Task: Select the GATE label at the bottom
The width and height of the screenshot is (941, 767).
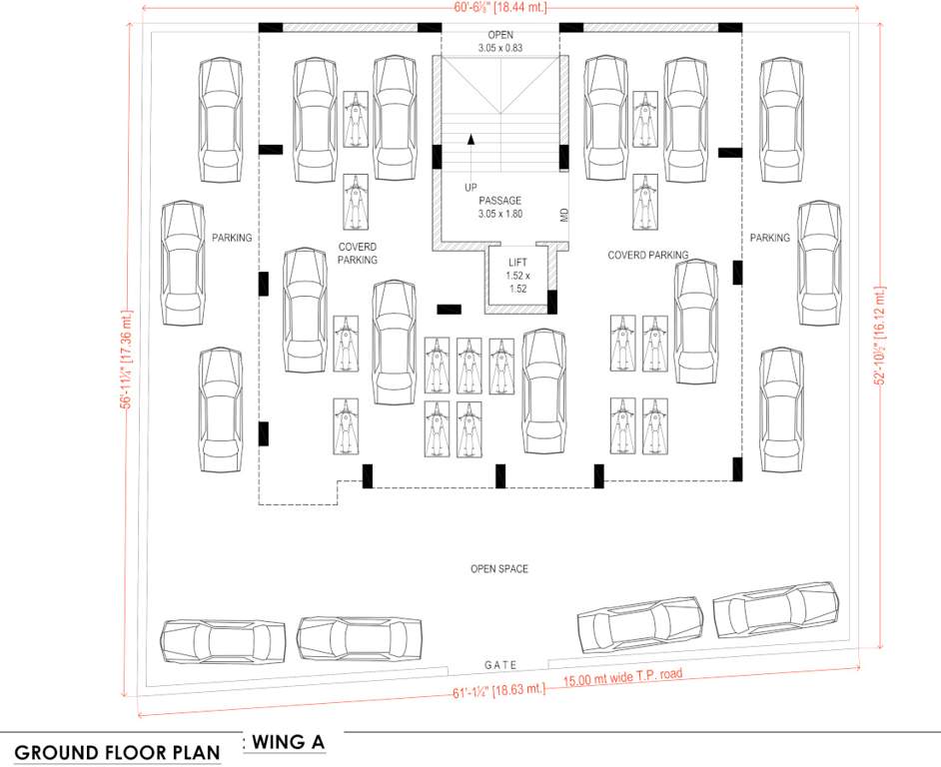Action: (x=500, y=665)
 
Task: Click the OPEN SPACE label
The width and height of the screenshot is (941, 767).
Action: (x=498, y=569)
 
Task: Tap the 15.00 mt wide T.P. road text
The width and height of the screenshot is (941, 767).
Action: (x=622, y=676)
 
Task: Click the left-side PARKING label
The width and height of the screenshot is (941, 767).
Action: (x=232, y=238)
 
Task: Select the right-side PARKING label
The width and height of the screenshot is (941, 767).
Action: (x=769, y=238)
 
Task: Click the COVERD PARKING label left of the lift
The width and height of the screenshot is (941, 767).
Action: (x=357, y=253)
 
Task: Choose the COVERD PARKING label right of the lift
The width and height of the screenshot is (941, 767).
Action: (x=648, y=256)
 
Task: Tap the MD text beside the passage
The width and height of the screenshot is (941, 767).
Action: (x=564, y=215)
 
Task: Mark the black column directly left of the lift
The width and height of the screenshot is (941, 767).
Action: (x=449, y=310)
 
